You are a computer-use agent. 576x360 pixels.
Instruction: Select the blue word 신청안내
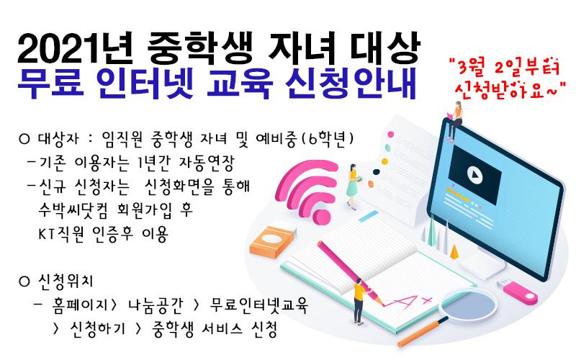click(x=351, y=83)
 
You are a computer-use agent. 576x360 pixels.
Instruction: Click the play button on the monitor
click(x=474, y=175)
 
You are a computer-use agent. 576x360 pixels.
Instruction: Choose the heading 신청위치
click(x=66, y=281)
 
